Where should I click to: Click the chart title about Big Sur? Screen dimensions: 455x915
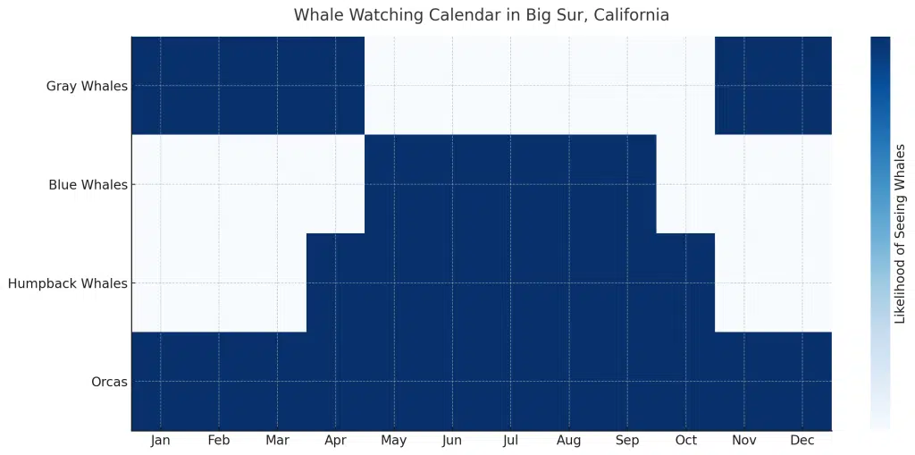[x=481, y=15]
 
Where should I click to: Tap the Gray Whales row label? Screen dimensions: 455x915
[x=87, y=87]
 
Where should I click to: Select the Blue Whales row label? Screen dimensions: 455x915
[x=88, y=185]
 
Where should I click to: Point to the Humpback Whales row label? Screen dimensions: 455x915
[x=68, y=283]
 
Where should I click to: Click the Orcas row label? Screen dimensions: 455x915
[x=109, y=382]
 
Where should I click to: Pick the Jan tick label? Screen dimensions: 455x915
[x=161, y=441]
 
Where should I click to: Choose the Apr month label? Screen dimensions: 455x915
[x=335, y=441]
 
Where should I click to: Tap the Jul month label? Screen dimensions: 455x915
[x=510, y=441]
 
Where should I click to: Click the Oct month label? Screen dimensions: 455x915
[x=685, y=441]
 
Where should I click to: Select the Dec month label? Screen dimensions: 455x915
[x=802, y=441]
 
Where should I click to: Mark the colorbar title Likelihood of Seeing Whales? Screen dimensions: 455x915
[x=900, y=233]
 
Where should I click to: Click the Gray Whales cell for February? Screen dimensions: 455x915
[x=219, y=86]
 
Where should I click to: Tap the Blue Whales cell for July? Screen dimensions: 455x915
[x=510, y=184]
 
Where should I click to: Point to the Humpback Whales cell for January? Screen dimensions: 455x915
[x=161, y=282]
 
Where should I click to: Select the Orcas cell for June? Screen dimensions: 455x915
[x=452, y=381]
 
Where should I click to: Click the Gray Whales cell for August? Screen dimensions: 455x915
[x=568, y=86]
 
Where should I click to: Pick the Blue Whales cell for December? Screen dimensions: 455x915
[x=802, y=184]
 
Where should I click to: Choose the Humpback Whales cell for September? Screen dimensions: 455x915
[x=627, y=282]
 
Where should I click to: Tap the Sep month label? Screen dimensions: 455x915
[x=627, y=441]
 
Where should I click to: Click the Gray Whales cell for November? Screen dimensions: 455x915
[x=743, y=86]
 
